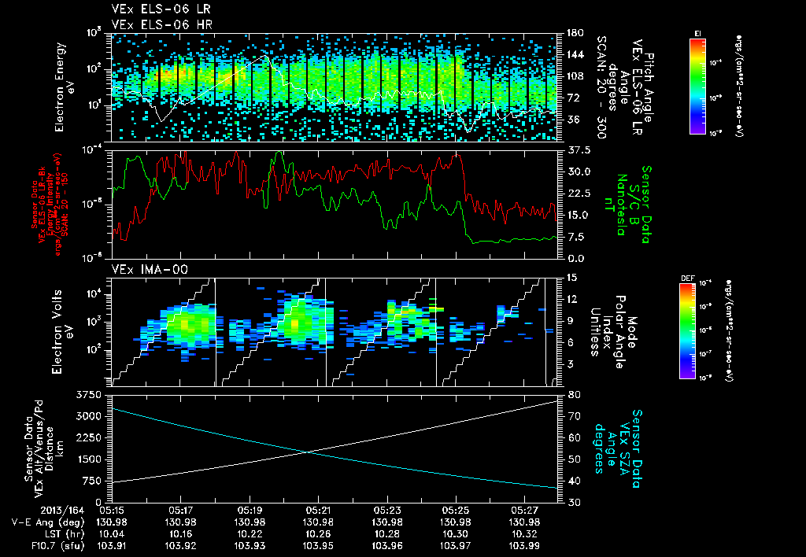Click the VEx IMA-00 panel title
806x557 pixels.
[142, 269]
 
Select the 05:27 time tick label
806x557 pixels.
[524, 510]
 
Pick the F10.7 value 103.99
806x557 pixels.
[524, 544]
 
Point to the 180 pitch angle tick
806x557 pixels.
[572, 33]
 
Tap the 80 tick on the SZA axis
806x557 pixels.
[570, 393]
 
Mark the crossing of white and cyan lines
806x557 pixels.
[307, 452]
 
